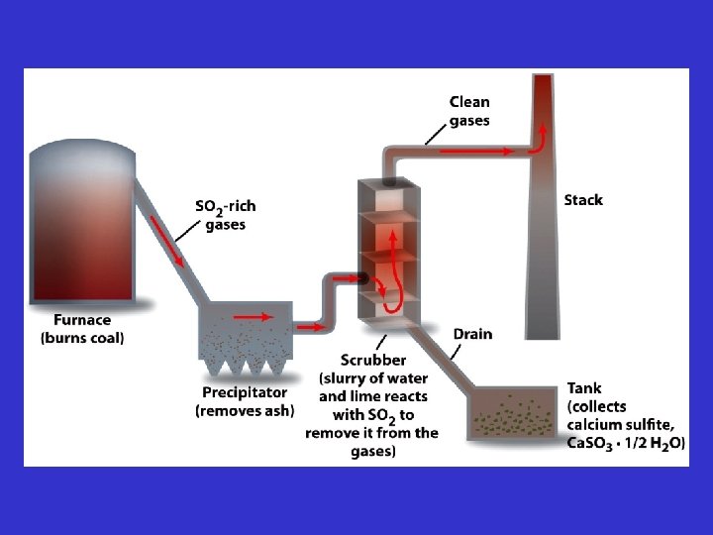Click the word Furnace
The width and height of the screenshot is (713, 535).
[x=83, y=321]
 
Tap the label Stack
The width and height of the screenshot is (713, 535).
[x=583, y=200]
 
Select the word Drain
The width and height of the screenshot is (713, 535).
[x=472, y=334]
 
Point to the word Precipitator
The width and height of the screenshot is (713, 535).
[x=244, y=393]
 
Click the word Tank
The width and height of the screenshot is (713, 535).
[x=584, y=387]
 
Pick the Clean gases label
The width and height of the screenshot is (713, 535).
[x=469, y=111]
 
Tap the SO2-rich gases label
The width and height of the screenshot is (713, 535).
[x=226, y=215]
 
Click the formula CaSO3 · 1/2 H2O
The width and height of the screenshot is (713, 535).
[x=625, y=443]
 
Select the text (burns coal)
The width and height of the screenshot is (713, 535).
[x=83, y=338]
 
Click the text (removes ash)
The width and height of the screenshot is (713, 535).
[x=244, y=410]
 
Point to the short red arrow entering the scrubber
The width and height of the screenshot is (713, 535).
[x=345, y=278]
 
